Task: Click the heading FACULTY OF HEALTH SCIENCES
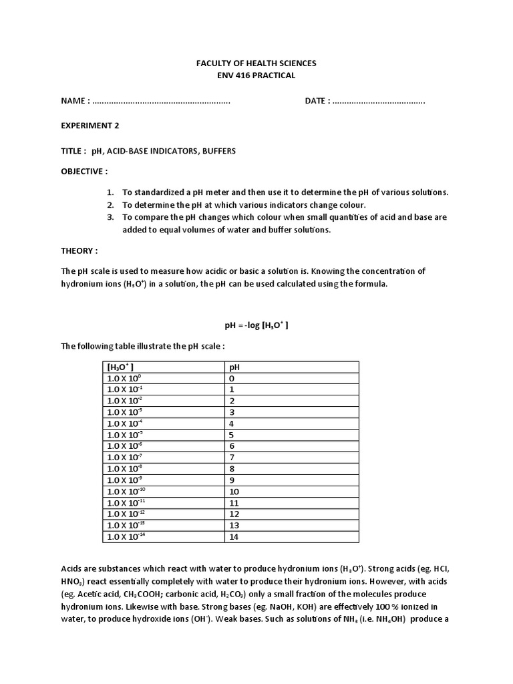coord(256,63)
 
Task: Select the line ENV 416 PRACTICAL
coord(256,75)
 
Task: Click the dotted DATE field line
coord(378,101)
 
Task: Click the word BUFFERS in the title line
coord(218,151)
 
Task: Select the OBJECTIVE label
coord(84,171)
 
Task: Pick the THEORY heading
coord(79,250)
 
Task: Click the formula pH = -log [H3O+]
coord(256,325)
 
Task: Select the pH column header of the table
coord(234,367)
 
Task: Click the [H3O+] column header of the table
coord(121,367)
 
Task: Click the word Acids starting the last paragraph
coord(72,568)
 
